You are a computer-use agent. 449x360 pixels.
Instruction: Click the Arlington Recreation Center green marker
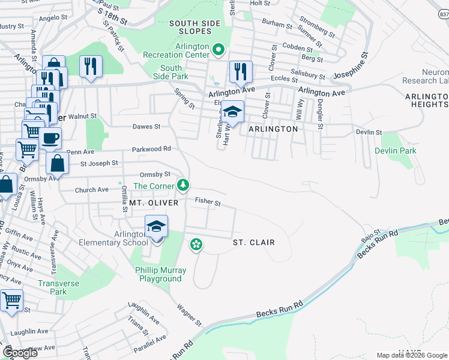pos(218,50)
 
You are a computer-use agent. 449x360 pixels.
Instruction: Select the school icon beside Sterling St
pos(232,111)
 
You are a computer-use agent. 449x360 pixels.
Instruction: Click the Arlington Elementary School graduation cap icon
pos(156,227)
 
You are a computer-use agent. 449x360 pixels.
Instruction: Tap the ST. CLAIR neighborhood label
pos(253,242)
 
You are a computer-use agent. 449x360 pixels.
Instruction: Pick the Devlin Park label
pos(396,151)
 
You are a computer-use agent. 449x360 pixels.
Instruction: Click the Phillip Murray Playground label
pos(160,275)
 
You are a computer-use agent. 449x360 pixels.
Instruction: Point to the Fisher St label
pos(207,203)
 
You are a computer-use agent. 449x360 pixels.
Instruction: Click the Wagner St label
pos(188,315)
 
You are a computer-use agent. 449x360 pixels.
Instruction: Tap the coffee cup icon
pos(50,138)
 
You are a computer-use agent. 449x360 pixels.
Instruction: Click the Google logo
pos(20,352)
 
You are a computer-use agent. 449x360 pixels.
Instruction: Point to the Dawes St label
pos(146,127)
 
